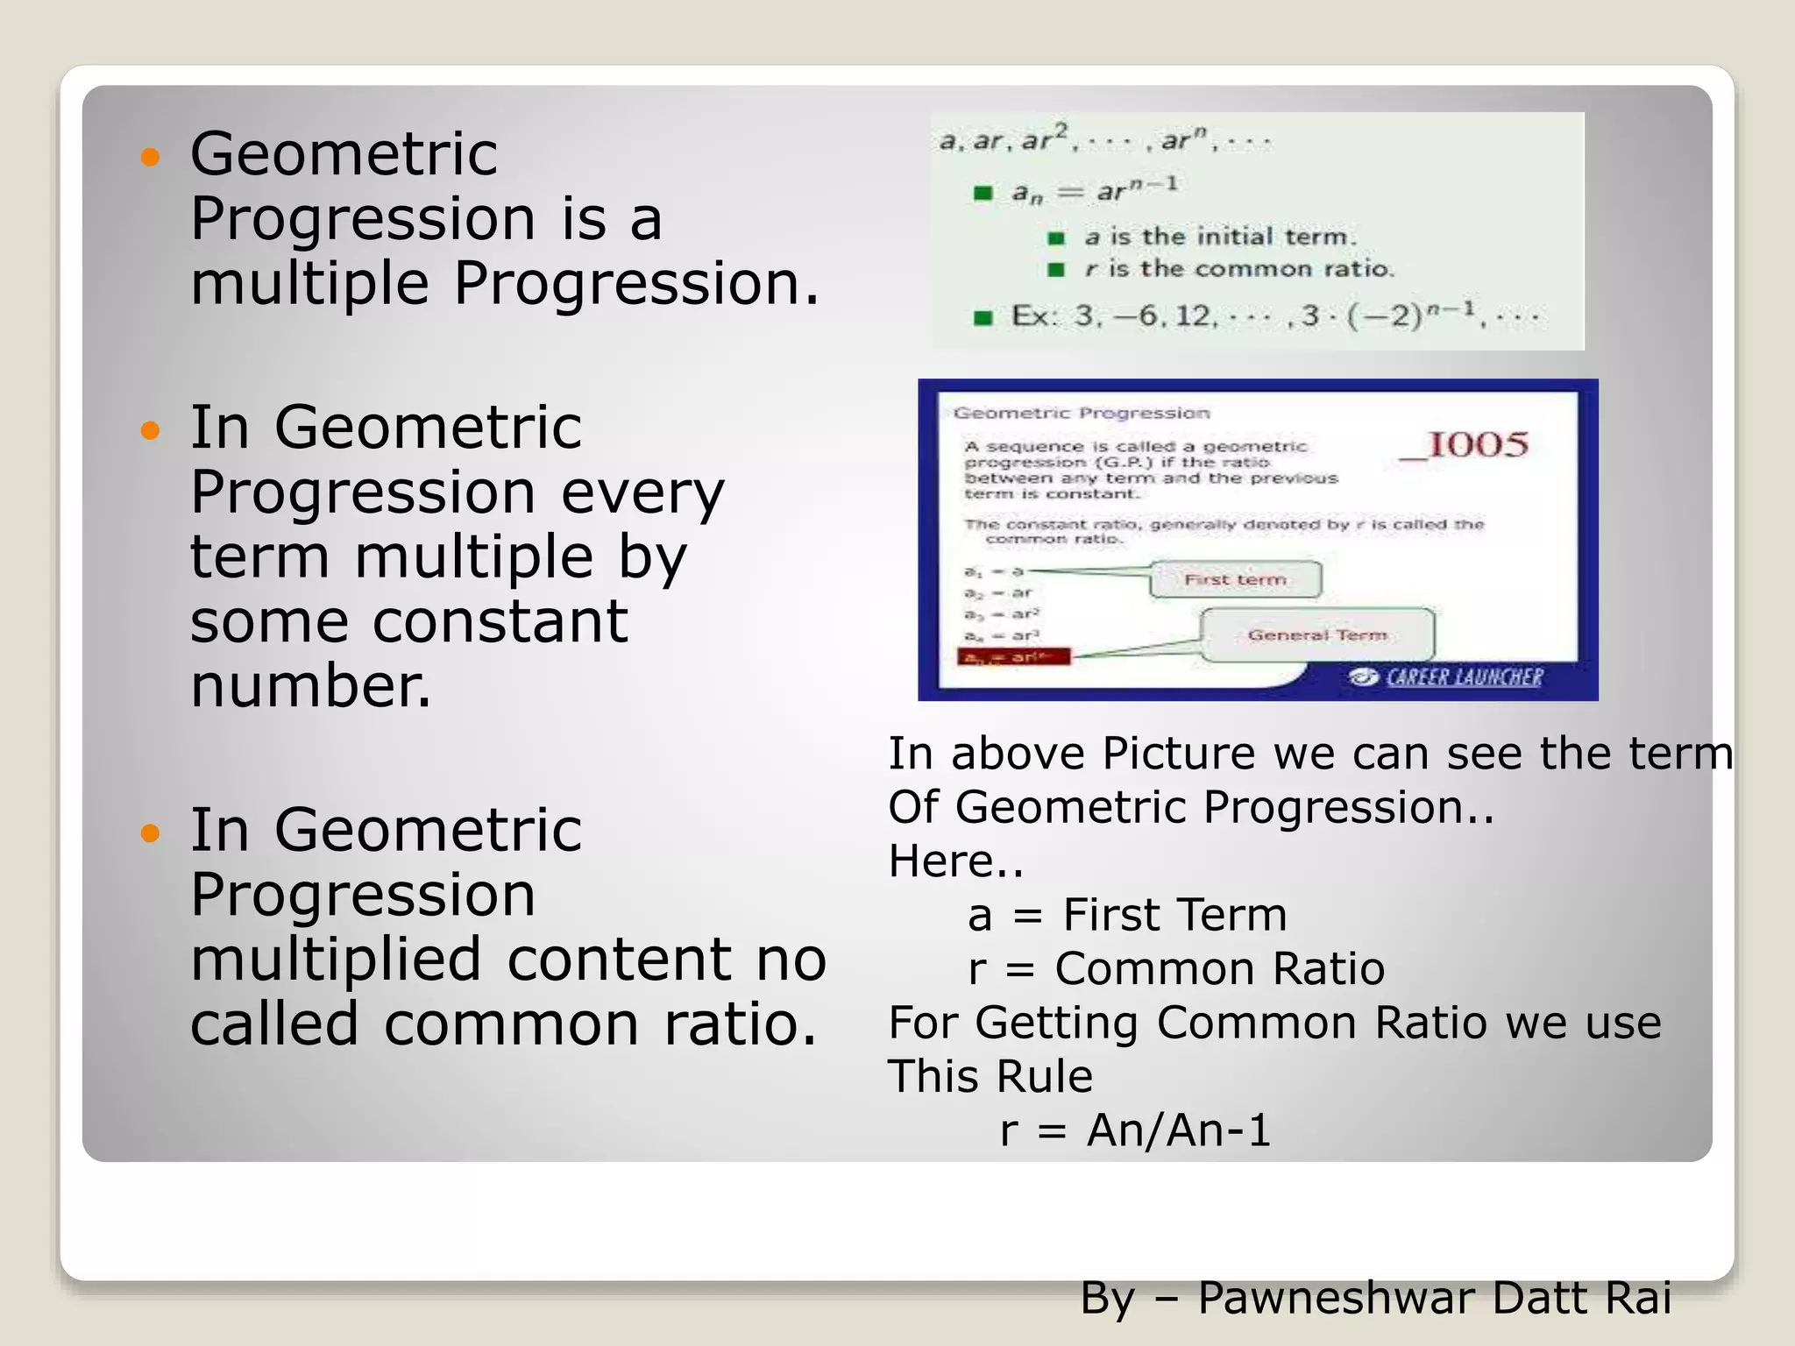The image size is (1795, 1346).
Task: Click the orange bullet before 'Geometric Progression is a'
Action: [151, 158]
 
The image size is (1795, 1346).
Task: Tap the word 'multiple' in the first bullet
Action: [309, 284]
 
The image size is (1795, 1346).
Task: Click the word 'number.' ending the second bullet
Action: [311, 686]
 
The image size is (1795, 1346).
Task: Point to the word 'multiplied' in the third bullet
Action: [336, 960]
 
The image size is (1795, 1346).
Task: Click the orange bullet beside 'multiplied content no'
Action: [151, 832]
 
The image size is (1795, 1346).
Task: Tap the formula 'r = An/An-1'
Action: [1135, 1130]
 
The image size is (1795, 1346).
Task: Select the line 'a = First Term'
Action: [1127, 916]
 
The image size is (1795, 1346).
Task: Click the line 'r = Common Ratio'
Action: [1176, 970]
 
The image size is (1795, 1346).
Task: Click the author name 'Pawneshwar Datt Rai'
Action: [1434, 1298]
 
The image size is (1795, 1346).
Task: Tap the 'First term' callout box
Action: [1235, 580]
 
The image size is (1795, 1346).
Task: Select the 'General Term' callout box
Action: [1316, 635]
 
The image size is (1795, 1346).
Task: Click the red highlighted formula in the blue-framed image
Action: [1014, 657]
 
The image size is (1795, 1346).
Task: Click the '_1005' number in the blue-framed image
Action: [1464, 446]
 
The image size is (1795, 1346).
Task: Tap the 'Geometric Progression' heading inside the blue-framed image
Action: [1081, 414]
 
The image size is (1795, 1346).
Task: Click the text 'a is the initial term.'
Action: [1219, 237]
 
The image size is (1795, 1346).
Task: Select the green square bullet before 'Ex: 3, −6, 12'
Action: [983, 317]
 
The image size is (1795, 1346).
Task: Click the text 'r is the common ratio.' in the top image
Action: [1238, 269]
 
